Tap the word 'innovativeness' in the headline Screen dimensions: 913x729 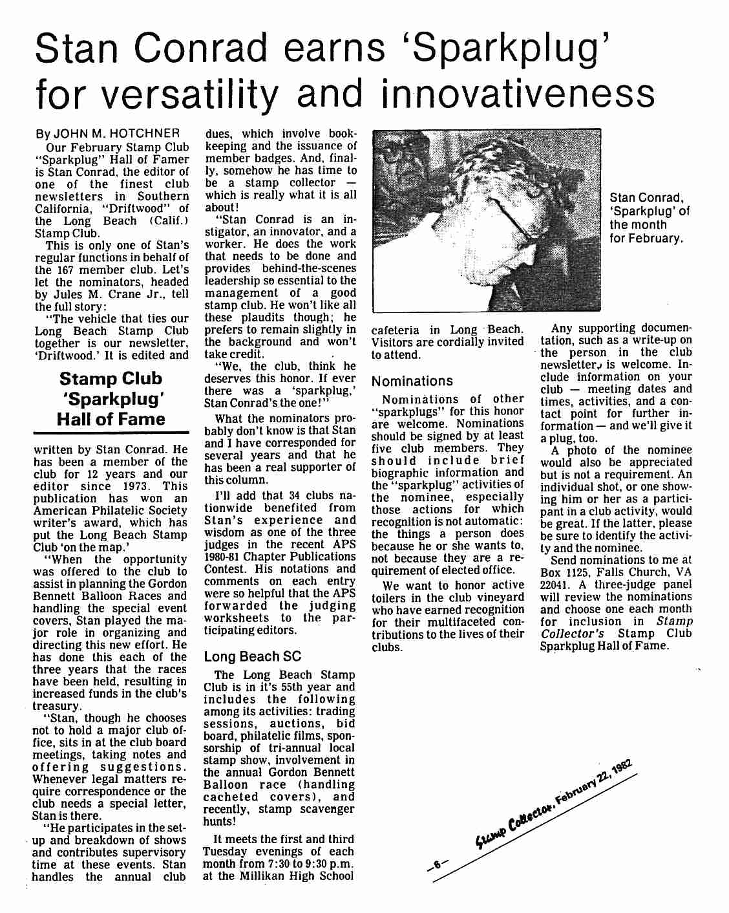[518, 95]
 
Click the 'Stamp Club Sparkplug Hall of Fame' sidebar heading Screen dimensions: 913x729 [111, 398]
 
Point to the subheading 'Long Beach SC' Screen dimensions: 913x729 [253, 656]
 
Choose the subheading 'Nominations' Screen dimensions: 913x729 [412, 381]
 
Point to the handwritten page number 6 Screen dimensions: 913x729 [437, 863]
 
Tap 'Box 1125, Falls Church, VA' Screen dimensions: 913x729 [616, 572]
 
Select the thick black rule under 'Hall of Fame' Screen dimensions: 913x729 [111, 432]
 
